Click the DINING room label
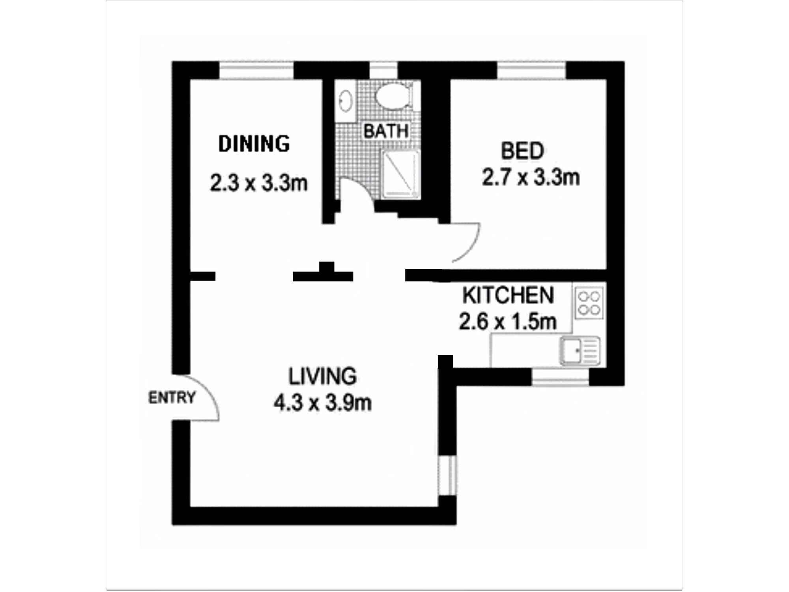[254, 144]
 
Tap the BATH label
[386, 131]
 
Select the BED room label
[522, 151]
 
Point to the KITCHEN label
[508, 295]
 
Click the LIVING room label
[323, 376]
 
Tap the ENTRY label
[172, 397]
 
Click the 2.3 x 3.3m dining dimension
[258, 183]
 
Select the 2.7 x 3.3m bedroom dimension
[531, 177]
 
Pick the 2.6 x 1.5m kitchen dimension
[508, 322]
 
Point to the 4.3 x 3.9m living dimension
[323, 403]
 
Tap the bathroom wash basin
[346, 101]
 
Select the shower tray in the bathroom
[400, 174]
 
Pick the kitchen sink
[580, 350]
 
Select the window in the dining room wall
[256, 71]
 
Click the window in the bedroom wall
[531, 71]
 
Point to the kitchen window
[560, 377]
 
